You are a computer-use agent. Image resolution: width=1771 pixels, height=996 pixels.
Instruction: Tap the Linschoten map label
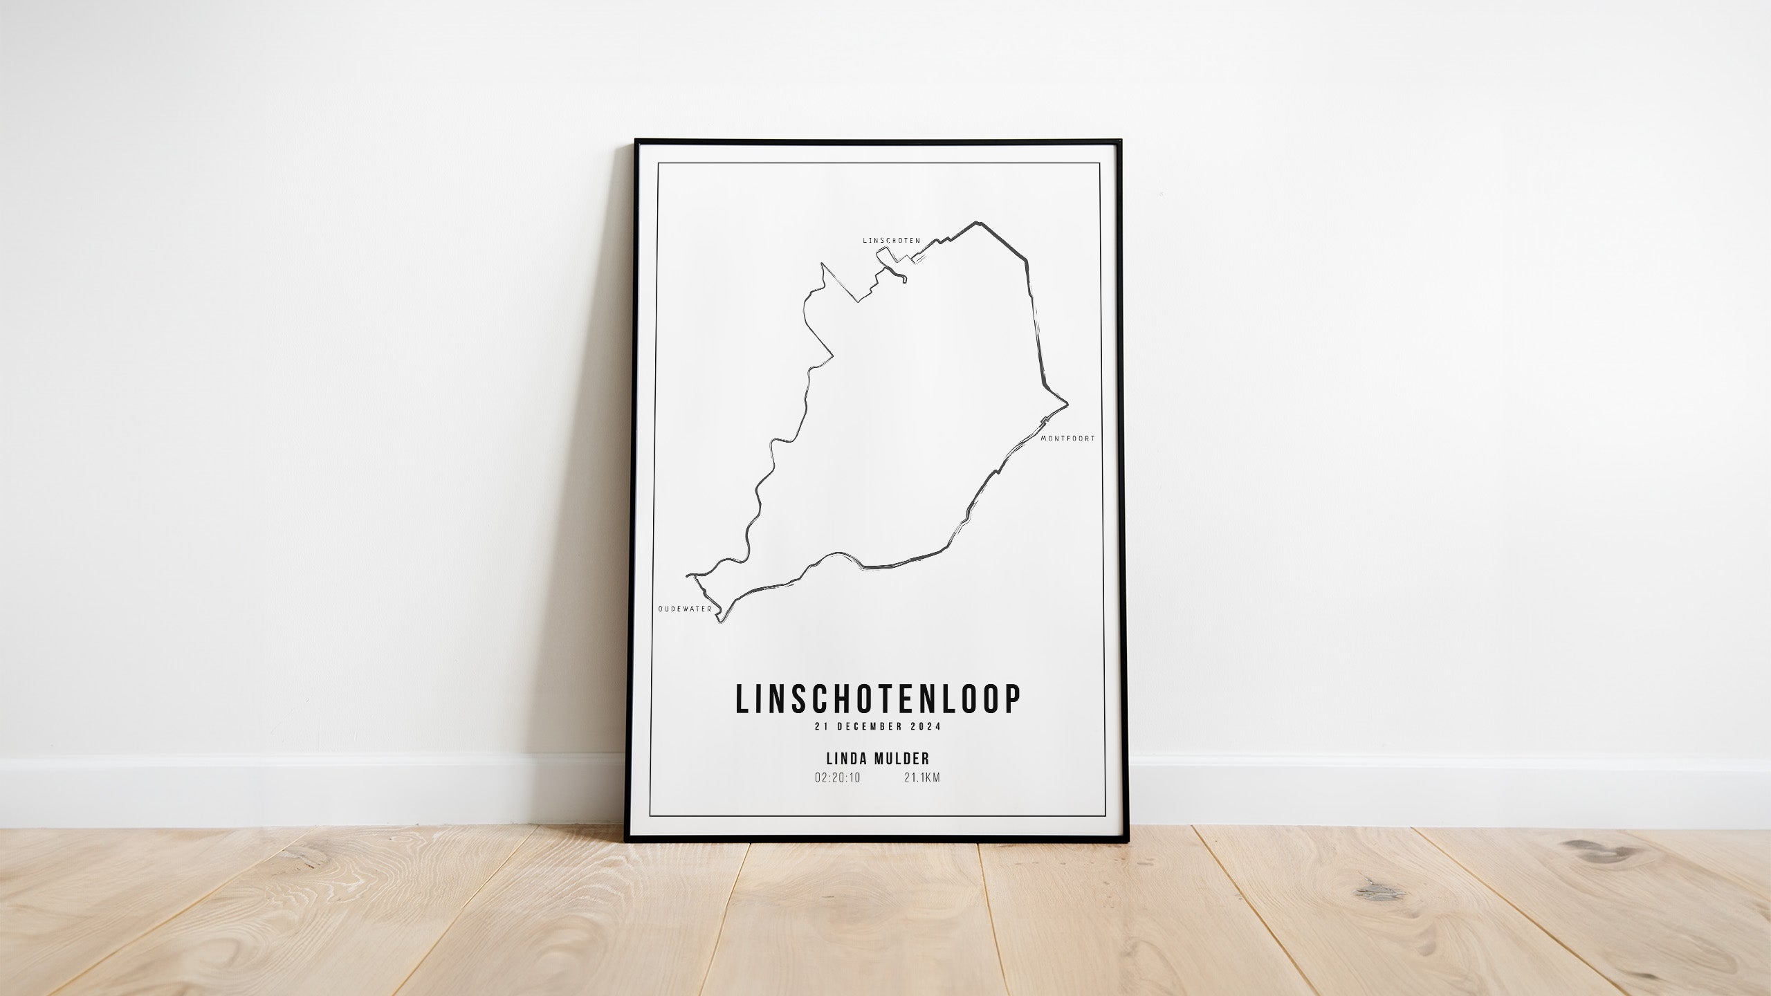[x=891, y=240]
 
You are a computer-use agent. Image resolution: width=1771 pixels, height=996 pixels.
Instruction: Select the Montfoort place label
[x=1067, y=438]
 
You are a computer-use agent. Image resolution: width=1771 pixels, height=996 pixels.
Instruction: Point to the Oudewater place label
[x=685, y=609]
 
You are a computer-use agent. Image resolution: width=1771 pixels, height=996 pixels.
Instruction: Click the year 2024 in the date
[x=926, y=726]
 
